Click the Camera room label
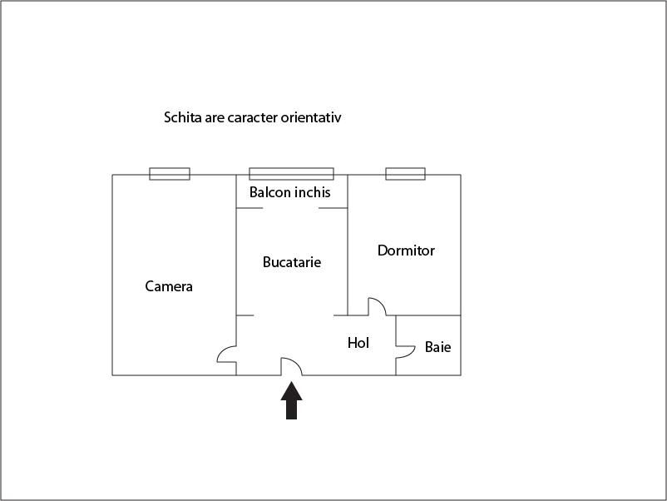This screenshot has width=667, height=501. (169, 286)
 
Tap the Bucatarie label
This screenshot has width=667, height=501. (292, 262)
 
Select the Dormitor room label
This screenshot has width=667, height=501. (406, 250)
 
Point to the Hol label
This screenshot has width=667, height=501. (358, 343)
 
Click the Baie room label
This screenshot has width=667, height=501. (437, 347)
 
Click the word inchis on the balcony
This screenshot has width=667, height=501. (312, 192)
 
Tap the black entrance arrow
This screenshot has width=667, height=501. (291, 400)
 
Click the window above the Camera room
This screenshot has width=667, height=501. (170, 174)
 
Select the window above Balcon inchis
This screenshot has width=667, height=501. (291, 174)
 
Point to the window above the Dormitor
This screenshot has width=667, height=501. (405, 174)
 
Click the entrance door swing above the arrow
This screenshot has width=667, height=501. (291, 366)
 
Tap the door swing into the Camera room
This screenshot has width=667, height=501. (227, 355)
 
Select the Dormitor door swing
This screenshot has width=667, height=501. (378, 306)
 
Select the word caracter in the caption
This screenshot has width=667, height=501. (252, 118)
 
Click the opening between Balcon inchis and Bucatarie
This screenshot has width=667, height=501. (290, 208)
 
